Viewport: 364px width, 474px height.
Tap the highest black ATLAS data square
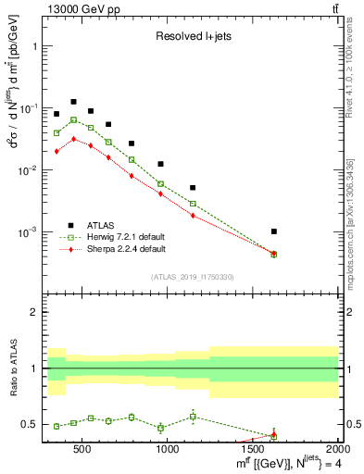click(73, 102)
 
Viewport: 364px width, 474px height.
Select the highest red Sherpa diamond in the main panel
click(73, 139)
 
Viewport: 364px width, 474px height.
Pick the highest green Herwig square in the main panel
click(73, 120)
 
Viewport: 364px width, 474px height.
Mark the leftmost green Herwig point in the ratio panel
click(56, 426)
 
